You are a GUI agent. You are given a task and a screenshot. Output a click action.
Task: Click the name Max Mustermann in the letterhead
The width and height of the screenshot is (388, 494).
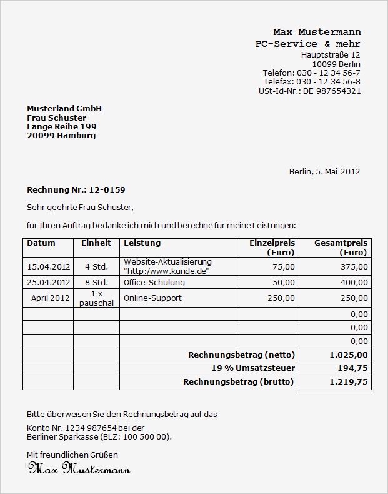pos(317,32)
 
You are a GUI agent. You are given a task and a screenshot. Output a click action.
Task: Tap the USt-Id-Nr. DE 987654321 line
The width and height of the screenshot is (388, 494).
pos(309,91)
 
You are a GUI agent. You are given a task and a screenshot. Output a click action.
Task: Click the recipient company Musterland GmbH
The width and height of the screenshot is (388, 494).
pos(64,109)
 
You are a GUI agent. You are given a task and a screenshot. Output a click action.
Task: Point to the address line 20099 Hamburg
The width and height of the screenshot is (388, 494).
pos(61,135)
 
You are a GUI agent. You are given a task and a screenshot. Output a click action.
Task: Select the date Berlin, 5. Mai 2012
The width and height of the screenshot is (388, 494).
pos(324,171)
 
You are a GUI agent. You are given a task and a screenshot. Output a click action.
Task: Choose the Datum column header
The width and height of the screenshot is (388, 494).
pos(41,243)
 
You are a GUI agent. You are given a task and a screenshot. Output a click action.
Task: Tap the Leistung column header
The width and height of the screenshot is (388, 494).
pos(142,243)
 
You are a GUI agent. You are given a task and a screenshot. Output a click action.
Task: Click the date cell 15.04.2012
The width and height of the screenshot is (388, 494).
pos(49,266)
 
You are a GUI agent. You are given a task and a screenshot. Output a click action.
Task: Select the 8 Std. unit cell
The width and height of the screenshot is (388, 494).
pos(96,282)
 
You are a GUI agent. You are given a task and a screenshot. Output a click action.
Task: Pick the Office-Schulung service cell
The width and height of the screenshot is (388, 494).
pos(154,282)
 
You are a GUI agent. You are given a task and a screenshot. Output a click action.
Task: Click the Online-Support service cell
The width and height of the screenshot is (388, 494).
pos(152,298)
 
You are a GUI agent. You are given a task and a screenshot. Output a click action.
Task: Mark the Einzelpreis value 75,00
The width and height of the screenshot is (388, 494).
pos(284,266)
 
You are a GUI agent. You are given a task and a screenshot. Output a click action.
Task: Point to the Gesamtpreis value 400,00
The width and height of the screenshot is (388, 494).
pos(355,282)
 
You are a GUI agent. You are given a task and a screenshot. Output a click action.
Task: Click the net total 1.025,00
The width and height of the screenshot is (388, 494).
pos(349,355)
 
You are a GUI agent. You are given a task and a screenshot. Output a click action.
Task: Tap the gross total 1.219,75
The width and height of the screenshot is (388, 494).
pos(349,382)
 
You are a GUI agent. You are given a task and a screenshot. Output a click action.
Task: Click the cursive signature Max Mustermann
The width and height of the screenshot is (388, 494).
pos(79,468)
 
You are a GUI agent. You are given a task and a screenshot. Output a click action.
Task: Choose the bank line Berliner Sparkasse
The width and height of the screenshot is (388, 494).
pos(99,436)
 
